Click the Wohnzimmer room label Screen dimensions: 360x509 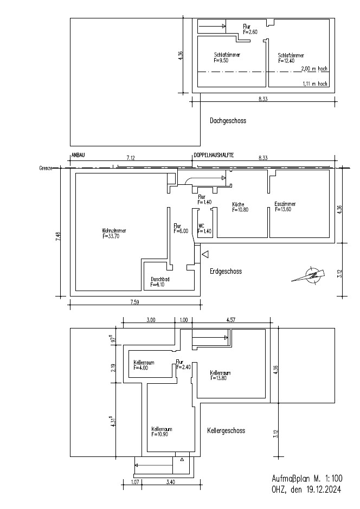pyautogui.click(x=114, y=231)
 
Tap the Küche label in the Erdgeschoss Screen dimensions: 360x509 pyautogui.click(x=238, y=204)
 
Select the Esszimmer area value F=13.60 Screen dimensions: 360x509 pyautogui.click(x=283, y=209)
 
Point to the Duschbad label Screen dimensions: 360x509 pyautogui.click(x=160, y=279)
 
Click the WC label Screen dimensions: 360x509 pyautogui.click(x=201, y=226)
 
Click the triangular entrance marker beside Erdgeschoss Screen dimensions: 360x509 pyautogui.click(x=205, y=255)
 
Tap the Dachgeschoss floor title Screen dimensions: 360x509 pyautogui.click(x=228, y=121)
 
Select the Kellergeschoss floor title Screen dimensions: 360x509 pyautogui.click(x=226, y=431)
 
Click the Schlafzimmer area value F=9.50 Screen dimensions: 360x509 pyautogui.click(x=221, y=60)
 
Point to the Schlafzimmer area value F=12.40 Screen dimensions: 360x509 pyautogui.click(x=286, y=61)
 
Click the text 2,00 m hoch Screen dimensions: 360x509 pyautogui.click(x=314, y=69)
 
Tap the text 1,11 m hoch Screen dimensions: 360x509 pyautogui.click(x=315, y=84)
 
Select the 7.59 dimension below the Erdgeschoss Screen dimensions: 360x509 pyautogui.click(x=134, y=302)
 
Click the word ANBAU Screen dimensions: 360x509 pyautogui.click(x=78, y=156)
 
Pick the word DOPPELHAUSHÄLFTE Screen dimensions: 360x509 pyautogui.click(x=214, y=156)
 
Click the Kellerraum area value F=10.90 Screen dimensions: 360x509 pyautogui.click(x=160, y=434)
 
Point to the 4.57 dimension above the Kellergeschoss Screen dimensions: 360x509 pyautogui.click(x=230, y=320)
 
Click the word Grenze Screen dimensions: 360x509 pyautogui.click(x=46, y=169)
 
